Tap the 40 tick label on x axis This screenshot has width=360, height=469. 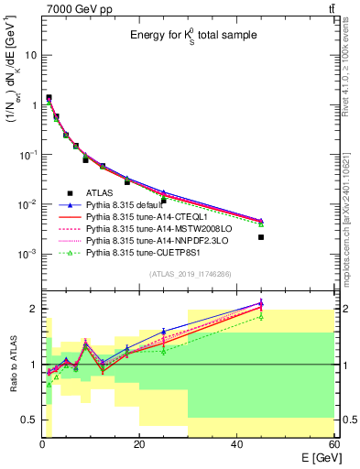235,443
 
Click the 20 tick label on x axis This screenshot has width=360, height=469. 138,443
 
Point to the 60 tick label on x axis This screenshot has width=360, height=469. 332,443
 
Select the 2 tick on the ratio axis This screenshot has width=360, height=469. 33,310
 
